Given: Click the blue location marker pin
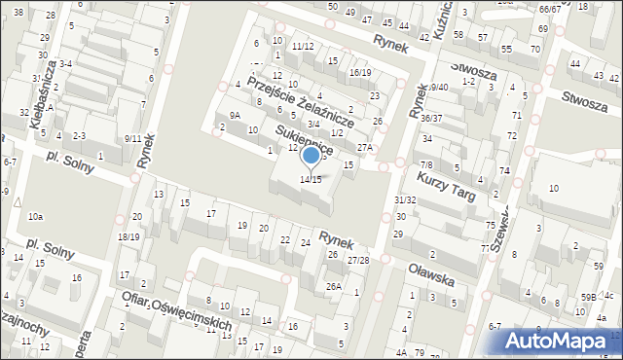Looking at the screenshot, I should [311, 156].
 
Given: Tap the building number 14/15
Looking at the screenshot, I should [311, 180].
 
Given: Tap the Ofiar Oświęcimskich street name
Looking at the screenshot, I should [174, 310].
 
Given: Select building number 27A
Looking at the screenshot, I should [365, 148].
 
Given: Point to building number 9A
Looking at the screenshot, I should [235, 115].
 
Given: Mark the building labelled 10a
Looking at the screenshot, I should [35, 216].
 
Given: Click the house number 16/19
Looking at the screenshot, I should [360, 72].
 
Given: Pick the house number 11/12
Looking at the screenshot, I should [303, 46].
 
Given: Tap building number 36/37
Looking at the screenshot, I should [431, 118].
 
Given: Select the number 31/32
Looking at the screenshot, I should [405, 199].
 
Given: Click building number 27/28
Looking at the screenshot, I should [359, 260].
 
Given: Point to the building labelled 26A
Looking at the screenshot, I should [334, 286].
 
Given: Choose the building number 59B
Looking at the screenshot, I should [588, 296].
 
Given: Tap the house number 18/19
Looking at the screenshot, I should [128, 236].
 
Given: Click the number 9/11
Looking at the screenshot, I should [133, 138].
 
